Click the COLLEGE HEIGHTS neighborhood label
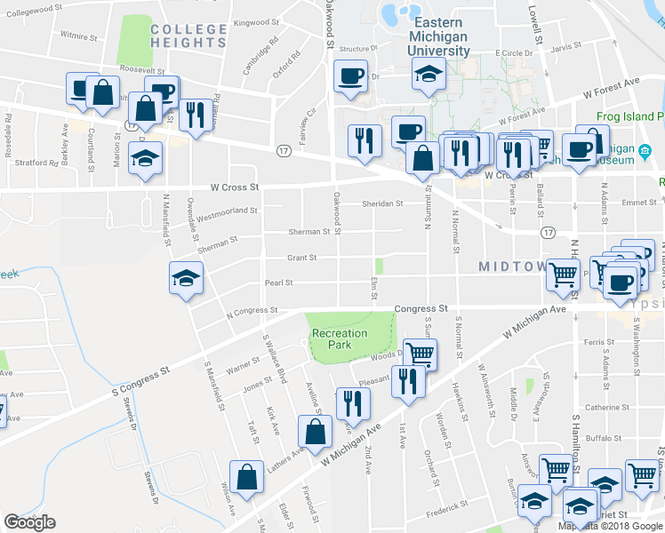[x=188, y=36]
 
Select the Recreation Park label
[x=339, y=339]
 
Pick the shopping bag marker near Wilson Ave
[x=246, y=476]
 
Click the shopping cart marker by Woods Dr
[x=420, y=354]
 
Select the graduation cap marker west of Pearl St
[x=187, y=279]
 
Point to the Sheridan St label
[x=382, y=203]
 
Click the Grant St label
[x=301, y=259]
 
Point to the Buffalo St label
[x=602, y=438]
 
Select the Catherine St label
[x=607, y=408]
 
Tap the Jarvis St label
[x=565, y=46]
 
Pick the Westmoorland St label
[x=227, y=213]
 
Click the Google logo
[x=29, y=522]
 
